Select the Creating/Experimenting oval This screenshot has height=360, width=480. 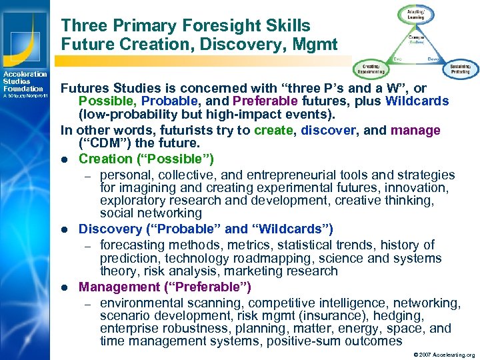368,69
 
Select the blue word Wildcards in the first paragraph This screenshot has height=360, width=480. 417,102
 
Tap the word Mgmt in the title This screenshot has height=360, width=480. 319,45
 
